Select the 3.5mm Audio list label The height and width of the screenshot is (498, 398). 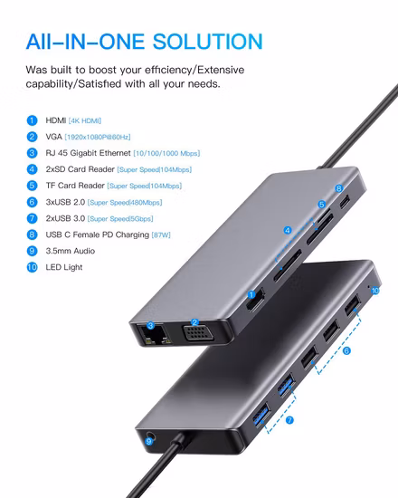(71, 251)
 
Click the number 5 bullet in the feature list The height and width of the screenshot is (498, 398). (32, 186)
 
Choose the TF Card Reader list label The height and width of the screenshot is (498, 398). (74, 186)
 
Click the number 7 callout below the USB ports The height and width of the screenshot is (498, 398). (289, 420)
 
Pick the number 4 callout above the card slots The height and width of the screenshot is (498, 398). (288, 231)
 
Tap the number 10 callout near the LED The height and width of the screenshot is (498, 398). (374, 292)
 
